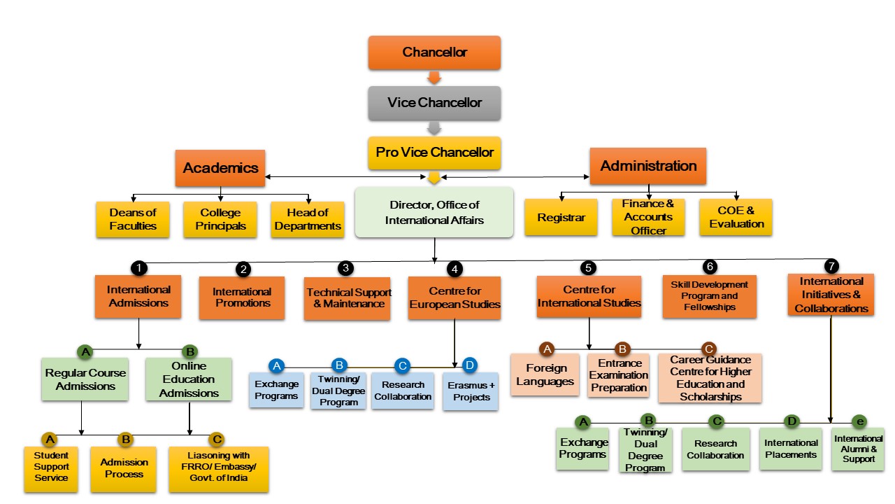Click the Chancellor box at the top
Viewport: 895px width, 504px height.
coord(434,52)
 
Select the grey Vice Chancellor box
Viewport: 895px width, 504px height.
coord(434,103)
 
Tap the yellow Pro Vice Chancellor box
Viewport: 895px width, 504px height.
coord(434,153)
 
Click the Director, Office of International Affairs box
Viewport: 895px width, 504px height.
coord(434,212)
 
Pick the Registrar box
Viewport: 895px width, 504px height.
coord(561,218)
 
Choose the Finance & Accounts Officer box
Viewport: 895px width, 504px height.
coord(648,217)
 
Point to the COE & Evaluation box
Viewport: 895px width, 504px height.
coord(736,217)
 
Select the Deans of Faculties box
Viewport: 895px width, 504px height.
coord(133,219)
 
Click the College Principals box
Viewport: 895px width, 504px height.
coord(220,219)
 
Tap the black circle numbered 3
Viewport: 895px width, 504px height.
coord(345,268)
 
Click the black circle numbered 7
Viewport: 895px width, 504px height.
coord(831,265)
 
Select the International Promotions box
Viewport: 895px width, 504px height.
coord(242,297)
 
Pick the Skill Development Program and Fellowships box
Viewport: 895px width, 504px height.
coord(709,296)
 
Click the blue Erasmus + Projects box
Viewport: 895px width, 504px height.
coord(471,391)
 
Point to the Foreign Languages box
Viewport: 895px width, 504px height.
coord(545,375)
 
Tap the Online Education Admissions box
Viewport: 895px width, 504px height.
coord(189,379)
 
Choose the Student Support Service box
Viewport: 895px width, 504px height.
coord(52,467)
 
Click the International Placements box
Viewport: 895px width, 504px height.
coord(790,449)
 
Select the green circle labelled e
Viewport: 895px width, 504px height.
coord(859,421)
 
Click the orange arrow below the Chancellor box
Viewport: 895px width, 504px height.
coord(434,77)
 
